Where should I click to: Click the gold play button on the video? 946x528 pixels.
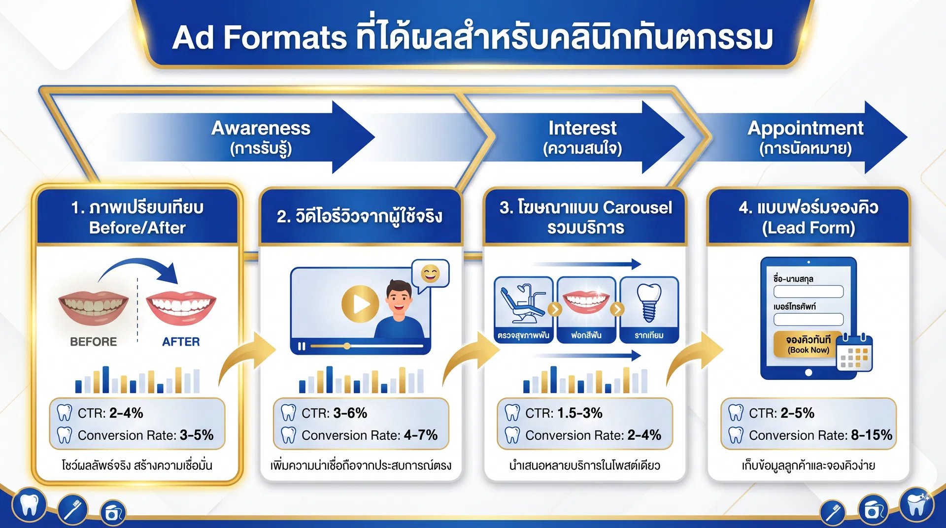click(x=360, y=304)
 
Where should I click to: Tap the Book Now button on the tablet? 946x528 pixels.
click(x=808, y=344)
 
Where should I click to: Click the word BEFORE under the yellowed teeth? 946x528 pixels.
click(x=93, y=342)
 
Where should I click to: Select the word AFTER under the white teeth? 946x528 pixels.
click(x=181, y=342)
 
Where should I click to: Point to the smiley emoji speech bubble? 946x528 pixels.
click(x=430, y=273)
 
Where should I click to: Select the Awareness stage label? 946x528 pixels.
click(x=261, y=136)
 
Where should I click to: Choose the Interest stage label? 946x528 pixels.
click(x=582, y=136)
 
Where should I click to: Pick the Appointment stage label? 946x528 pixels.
click(x=805, y=136)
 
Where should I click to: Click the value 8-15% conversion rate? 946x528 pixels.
click(x=871, y=435)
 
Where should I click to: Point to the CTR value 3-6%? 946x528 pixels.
click(x=350, y=413)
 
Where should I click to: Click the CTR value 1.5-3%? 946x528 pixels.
click(x=580, y=413)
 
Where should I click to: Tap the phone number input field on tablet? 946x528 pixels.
click(x=808, y=319)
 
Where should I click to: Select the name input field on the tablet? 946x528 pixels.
click(x=808, y=292)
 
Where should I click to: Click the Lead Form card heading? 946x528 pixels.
click(x=808, y=217)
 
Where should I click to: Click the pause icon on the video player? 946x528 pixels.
click(x=302, y=346)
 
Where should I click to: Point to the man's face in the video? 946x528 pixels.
click(x=399, y=297)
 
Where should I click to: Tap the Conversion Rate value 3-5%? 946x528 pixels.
click(x=197, y=435)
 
